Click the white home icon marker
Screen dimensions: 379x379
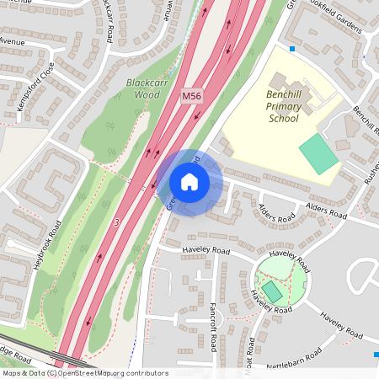click(189, 182)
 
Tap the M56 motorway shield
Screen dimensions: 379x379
click(192, 99)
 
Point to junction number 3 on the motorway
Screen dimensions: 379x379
click(115, 222)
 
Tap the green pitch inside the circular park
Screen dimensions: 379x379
click(273, 291)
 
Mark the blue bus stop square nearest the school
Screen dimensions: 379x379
click(292, 49)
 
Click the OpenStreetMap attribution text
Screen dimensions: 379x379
click(85, 373)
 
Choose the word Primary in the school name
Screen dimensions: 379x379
click(283, 107)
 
